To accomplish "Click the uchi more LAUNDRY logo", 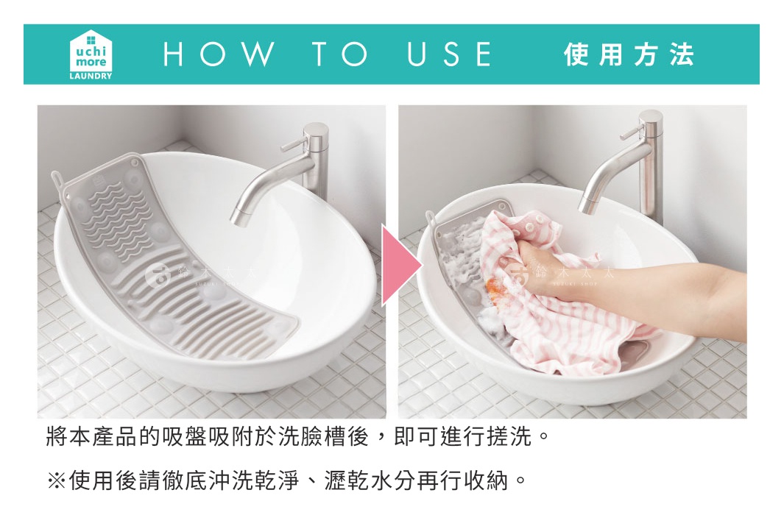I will coord(91,54).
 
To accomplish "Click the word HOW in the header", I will coord(218,54).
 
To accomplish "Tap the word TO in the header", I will coord(339,54).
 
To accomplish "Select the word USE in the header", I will coord(448,54).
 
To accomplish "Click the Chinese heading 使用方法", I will coord(629,54).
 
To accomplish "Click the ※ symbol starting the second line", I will coord(57,481).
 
